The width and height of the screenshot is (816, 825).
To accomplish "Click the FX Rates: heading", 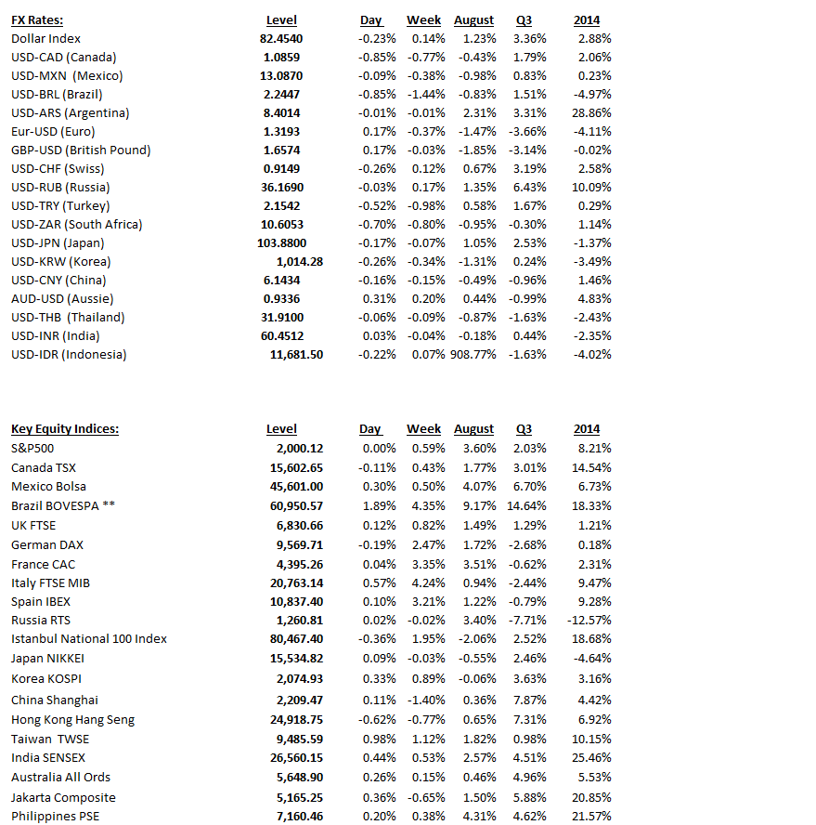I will point(37,20).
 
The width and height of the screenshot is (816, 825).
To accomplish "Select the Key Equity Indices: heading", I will point(65,428).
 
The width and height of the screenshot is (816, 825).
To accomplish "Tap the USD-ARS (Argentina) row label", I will point(71,112).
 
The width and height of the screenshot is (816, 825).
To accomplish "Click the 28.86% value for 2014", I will point(592,112).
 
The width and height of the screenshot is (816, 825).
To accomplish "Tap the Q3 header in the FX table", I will point(525,20).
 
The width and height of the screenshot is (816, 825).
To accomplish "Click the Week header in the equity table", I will point(423,428).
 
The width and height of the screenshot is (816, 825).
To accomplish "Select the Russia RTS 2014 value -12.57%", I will point(589,620).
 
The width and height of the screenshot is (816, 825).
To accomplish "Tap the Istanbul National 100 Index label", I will point(89,638).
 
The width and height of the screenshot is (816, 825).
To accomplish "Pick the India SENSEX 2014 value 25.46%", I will point(592,758).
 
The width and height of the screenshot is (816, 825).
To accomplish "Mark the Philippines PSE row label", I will point(55,816).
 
